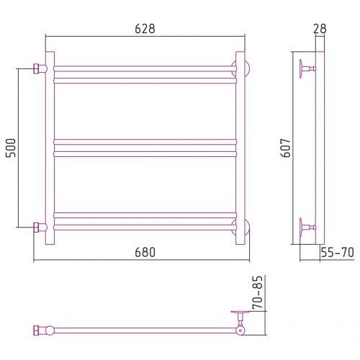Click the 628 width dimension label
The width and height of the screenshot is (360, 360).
click(x=145, y=29)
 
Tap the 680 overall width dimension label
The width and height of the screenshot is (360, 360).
click(x=145, y=252)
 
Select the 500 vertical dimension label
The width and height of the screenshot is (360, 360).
click(x=11, y=148)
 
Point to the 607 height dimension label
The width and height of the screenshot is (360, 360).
click(x=286, y=148)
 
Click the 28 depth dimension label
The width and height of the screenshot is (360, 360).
click(x=320, y=29)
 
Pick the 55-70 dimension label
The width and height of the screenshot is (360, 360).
click(x=338, y=252)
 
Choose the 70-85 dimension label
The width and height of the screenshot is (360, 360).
click(x=258, y=292)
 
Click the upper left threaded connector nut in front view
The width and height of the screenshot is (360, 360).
click(x=36, y=68)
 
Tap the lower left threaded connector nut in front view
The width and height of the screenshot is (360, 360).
click(x=36, y=227)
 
